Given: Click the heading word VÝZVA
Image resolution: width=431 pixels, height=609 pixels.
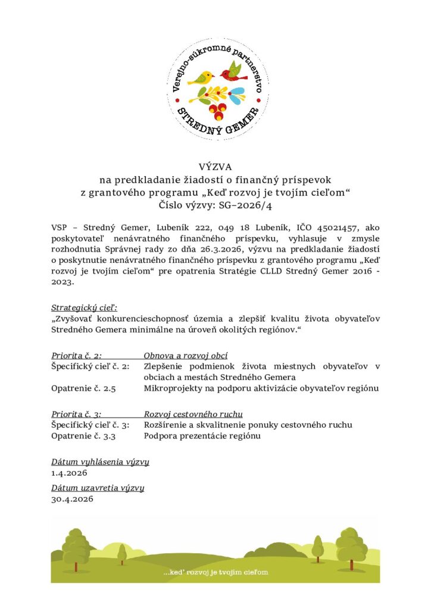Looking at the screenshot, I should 215,167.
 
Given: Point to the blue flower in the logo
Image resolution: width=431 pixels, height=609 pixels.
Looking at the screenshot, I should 238,95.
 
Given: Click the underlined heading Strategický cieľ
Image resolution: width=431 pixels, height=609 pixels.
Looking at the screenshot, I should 85,307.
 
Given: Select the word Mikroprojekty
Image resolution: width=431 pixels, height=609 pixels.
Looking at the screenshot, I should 170,388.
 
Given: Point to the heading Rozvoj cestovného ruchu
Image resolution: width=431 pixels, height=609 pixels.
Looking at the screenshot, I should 193,413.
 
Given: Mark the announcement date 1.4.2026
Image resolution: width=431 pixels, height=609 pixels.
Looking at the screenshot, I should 70,473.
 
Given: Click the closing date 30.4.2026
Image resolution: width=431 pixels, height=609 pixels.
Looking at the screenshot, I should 72,500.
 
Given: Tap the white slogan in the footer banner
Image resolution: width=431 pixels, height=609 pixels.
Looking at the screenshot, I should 215,572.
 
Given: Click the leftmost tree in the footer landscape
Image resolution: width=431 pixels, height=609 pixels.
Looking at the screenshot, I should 76,548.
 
